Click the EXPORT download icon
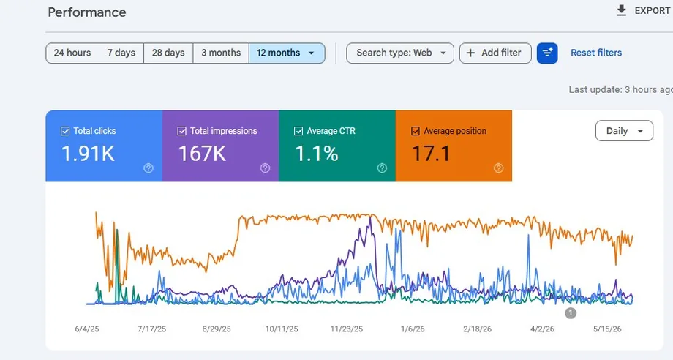pos(621,11)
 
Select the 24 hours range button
pos(72,53)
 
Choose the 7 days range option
pos(121,53)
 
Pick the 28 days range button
pos(168,53)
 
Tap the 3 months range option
pos(221,53)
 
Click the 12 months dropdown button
pos(287,53)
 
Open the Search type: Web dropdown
pos(400,53)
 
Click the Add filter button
pos(495,53)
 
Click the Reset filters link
pos(596,53)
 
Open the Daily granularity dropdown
pos(624,131)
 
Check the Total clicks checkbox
pos(65,131)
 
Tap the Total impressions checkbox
pos(182,131)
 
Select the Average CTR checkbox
pos(298,131)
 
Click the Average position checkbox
pos(416,131)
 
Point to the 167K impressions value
pos(202,153)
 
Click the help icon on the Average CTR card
pos(382,168)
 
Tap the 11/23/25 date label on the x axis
pos(346,329)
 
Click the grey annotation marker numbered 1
pos(571,313)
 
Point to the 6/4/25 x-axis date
pos(87,329)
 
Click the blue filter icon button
pos(547,53)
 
